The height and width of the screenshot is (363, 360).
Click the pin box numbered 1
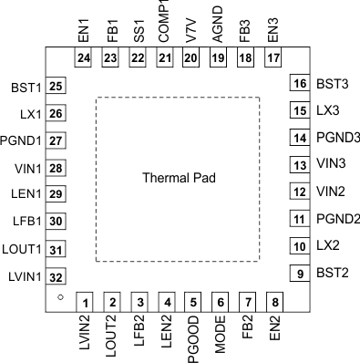click(85, 302)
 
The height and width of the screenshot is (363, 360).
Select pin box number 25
click(57, 87)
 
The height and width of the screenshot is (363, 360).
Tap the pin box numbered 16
click(298, 84)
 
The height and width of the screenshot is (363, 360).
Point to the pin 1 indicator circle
click(59, 298)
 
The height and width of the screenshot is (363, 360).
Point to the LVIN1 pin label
click(23, 277)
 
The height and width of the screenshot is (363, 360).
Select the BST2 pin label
click(332, 273)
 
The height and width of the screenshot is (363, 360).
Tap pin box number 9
click(298, 273)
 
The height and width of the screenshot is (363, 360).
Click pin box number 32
click(57, 277)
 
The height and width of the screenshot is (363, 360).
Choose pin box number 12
click(298, 192)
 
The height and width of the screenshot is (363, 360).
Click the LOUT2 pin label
click(112, 337)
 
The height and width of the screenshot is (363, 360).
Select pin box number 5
click(192, 302)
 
